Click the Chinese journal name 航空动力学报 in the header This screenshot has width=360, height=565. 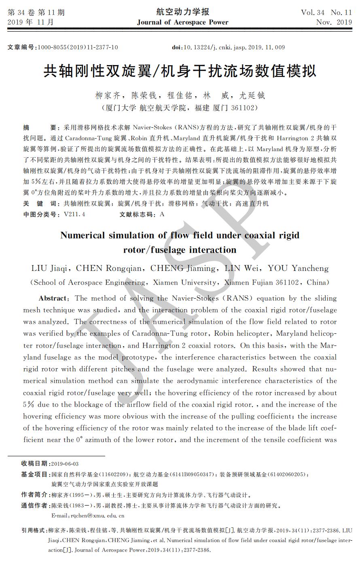[182, 12]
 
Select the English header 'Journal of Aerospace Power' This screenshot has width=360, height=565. [182, 22]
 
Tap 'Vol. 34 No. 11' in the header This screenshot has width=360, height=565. [326, 12]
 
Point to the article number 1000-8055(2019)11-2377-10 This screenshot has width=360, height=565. [78, 47]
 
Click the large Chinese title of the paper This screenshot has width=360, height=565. [180, 72]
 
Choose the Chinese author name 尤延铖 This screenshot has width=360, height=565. [252, 96]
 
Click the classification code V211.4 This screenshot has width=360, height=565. [74, 215]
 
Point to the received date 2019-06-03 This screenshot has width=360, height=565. [65, 464]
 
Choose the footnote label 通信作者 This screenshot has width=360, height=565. [34, 506]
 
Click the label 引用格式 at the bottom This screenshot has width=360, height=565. [34, 530]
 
